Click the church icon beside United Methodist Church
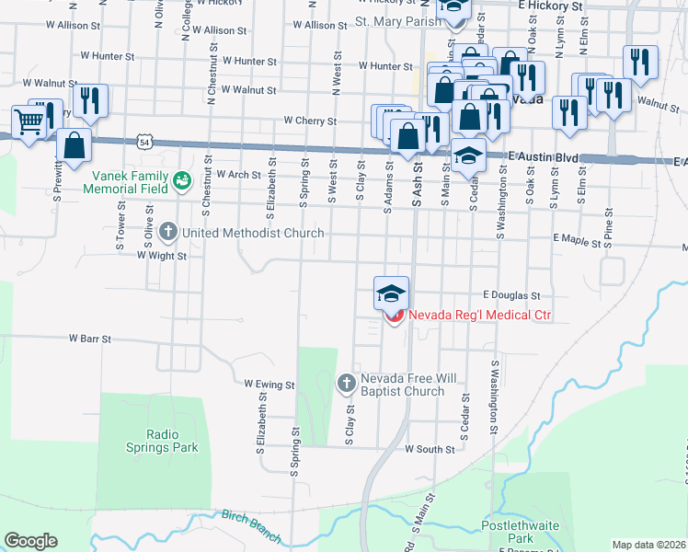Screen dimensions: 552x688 pyautogui.click(x=167, y=233)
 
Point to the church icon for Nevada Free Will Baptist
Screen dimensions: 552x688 pyautogui.click(x=347, y=381)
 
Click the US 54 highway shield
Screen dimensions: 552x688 pyautogui.click(x=143, y=141)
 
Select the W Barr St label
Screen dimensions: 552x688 pyautogui.click(x=89, y=339)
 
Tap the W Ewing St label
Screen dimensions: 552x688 pyautogui.click(x=269, y=384)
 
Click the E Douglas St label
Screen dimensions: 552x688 pyautogui.click(x=510, y=296)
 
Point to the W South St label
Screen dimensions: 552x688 pyautogui.click(x=430, y=450)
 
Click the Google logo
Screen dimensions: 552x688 pyautogui.click(x=30, y=540)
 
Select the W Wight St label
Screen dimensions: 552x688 pyautogui.click(x=161, y=257)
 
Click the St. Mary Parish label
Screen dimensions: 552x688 pyautogui.click(x=393, y=21)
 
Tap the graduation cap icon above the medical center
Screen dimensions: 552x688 pyautogui.click(x=391, y=294)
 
